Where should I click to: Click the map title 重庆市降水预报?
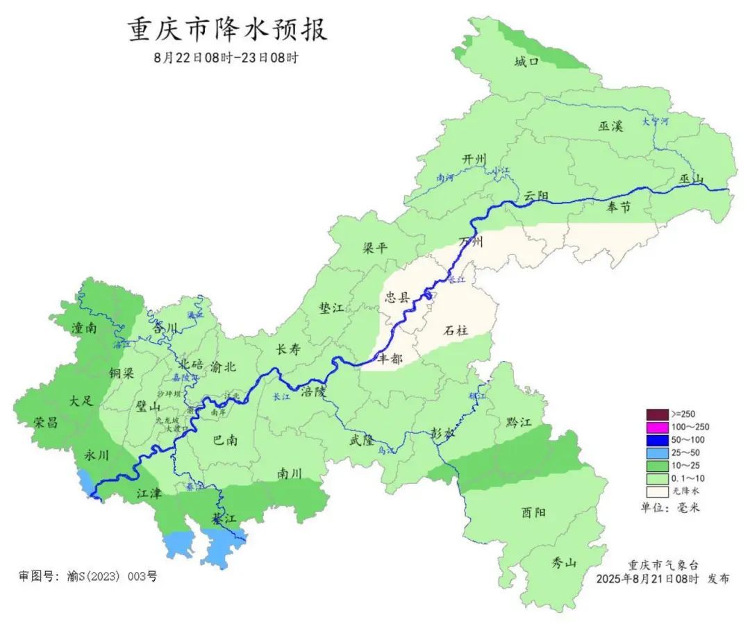(x=227, y=31)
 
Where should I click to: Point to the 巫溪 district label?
(x=610, y=126)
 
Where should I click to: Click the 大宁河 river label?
(x=655, y=121)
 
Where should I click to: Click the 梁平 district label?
(x=376, y=248)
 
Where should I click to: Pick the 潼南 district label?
(x=83, y=328)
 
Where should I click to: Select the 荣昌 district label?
(x=46, y=422)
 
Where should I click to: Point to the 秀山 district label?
(x=564, y=563)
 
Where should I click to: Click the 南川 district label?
(x=290, y=473)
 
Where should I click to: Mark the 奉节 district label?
(x=618, y=206)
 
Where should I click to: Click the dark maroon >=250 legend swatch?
(x=656, y=414)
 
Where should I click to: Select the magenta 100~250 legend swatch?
(x=656, y=427)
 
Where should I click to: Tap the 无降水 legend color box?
(x=656, y=491)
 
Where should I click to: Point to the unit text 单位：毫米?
(x=670, y=507)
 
